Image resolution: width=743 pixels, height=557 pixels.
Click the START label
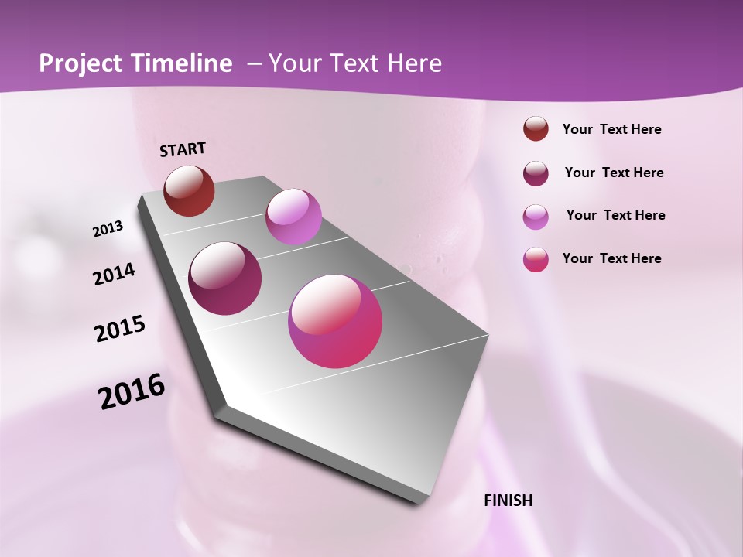[x=183, y=149]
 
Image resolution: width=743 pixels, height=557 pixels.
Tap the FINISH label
[x=508, y=501]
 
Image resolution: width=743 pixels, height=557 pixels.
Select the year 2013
[x=108, y=228]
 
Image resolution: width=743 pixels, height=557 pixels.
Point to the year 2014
[x=115, y=274]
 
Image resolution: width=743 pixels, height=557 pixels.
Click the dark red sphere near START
[x=189, y=190]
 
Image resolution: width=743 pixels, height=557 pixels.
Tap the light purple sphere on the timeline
[x=293, y=217]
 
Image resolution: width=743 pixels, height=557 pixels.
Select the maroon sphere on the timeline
[x=225, y=278]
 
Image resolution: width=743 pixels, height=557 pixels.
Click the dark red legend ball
[x=536, y=129]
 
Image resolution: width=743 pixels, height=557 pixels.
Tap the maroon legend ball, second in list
[x=536, y=173]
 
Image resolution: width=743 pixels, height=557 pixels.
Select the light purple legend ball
[x=536, y=217]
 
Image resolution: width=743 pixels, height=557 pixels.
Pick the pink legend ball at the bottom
[x=536, y=259]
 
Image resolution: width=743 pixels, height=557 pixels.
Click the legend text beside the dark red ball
[x=611, y=129]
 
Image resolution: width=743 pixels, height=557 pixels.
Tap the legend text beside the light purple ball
[x=615, y=215]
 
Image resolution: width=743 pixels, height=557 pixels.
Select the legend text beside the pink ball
[x=611, y=258]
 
